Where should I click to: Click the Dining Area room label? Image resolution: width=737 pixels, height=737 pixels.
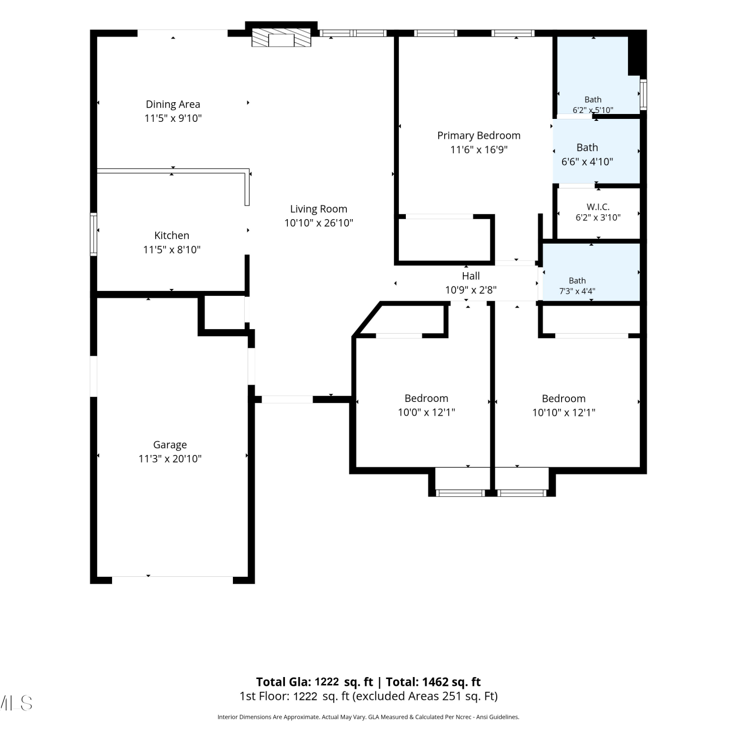[173, 104]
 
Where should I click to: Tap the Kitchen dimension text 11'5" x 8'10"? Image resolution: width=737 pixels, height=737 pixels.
[172, 250]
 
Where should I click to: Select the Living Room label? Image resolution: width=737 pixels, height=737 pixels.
[318, 209]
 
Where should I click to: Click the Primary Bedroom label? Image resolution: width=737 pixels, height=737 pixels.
[479, 136]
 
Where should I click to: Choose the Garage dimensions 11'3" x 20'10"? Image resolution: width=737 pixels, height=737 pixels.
[170, 459]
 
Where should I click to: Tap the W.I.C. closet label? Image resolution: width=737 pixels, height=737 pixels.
[598, 207]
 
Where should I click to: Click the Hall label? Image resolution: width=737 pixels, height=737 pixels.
[471, 276]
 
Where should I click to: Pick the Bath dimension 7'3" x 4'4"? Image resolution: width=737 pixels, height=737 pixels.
[577, 291]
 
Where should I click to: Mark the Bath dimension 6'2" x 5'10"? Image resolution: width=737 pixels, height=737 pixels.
[593, 110]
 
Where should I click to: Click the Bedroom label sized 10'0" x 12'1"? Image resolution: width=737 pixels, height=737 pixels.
[426, 398]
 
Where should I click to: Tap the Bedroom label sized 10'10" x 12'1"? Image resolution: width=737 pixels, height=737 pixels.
[564, 398]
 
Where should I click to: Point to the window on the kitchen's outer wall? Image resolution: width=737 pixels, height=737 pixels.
[93, 234]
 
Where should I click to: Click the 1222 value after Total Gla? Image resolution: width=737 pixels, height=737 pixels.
[327, 682]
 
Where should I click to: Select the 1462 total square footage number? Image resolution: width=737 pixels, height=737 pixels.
[435, 682]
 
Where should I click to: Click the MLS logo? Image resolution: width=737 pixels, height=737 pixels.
[16, 703]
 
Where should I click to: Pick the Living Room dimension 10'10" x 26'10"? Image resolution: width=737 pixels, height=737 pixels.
[319, 223]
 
